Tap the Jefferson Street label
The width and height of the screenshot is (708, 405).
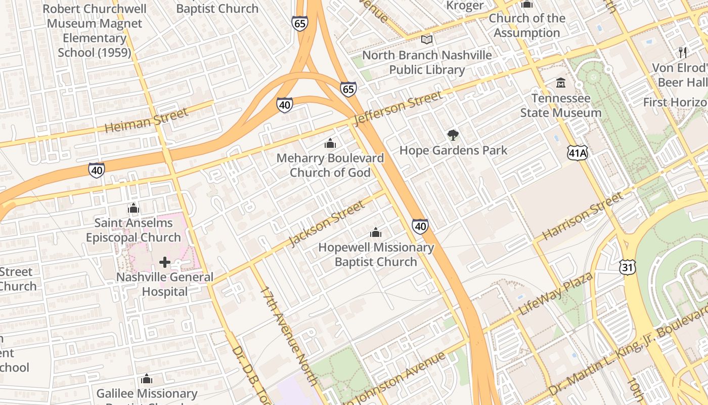pyautogui.click(x=398, y=108)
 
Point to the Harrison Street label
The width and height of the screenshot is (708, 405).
pyautogui.click(x=583, y=216)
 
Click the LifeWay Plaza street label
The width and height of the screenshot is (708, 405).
pyautogui.click(x=556, y=295)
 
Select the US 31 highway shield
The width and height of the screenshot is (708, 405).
pyautogui.click(x=627, y=268)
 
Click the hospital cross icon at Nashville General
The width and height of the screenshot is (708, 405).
pyautogui.click(x=164, y=262)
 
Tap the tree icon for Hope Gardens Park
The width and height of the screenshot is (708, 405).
pyautogui.click(x=453, y=135)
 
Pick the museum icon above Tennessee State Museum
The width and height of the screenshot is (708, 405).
pyautogui.click(x=561, y=83)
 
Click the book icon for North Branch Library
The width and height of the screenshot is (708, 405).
pyautogui.click(x=427, y=39)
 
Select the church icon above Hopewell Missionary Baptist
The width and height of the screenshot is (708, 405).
pyautogui.click(x=376, y=232)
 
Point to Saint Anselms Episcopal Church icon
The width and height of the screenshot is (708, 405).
pyautogui.click(x=134, y=208)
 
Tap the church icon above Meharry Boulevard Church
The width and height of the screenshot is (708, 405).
pyautogui.click(x=330, y=143)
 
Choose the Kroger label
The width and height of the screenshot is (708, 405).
pyautogui.click(x=465, y=6)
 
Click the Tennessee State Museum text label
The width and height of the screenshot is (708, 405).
pyautogui.click(x=561, y=105)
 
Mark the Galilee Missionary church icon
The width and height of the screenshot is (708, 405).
pyautogui.click(x=147, y=379)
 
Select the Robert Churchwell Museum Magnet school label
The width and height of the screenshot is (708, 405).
pyautogui.click(x=95, y=30)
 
